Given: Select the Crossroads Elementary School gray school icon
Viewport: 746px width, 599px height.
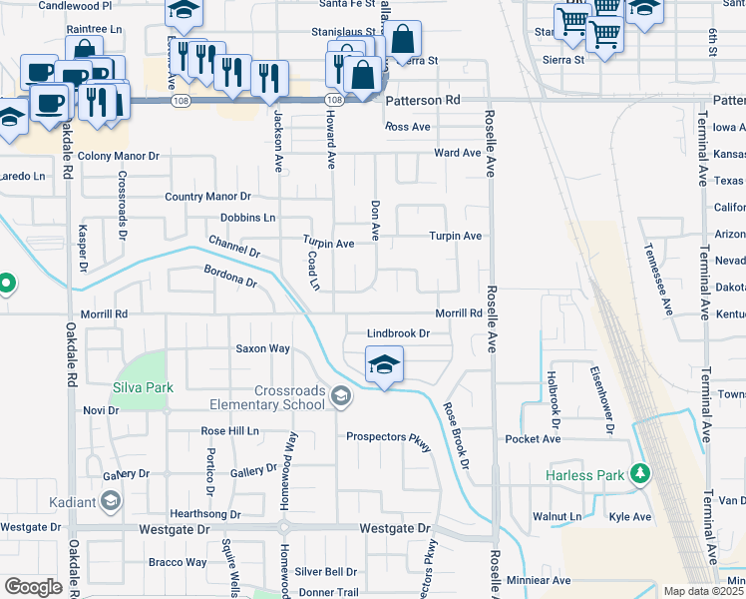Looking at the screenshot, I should pos(341,398).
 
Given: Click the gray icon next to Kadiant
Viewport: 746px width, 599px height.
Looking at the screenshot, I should pos(111,499).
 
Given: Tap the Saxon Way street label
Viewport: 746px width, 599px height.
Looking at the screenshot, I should pos(262,348).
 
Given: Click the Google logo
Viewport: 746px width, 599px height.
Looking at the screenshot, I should pos(33,587).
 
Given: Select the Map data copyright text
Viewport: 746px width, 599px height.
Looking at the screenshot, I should pos(703,591).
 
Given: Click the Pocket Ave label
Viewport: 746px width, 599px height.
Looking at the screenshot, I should pos(534,439).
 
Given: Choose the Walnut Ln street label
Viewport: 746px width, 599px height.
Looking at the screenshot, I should pos(557,517).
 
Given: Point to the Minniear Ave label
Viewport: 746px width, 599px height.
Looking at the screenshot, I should pos(538,580).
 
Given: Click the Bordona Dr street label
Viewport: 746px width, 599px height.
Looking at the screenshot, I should pos(230,277).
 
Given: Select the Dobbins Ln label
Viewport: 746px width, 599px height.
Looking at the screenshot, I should pos(247,218).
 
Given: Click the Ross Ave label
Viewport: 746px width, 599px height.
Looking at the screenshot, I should pos(407,127).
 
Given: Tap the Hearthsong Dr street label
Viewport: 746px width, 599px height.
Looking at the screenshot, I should pos(206,514).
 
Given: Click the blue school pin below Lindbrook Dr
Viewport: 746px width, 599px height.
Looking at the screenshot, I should pos(384,365).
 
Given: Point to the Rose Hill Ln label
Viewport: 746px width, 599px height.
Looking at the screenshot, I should pos(229,431).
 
